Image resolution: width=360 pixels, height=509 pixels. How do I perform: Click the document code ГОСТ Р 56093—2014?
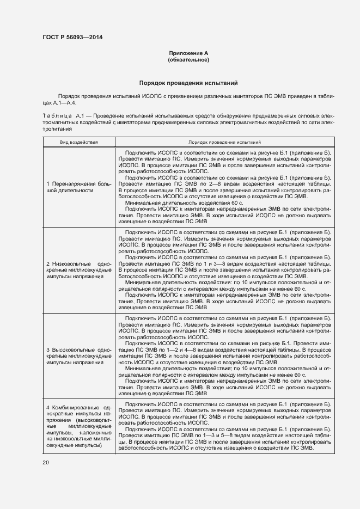click(x=72, y=37)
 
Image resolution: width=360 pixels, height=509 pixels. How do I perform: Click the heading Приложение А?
click(x=188, y=53)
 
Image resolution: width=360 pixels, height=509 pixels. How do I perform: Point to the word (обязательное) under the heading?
click(x=188, y=59)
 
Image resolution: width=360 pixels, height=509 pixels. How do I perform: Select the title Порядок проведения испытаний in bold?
click(x=188, y=84)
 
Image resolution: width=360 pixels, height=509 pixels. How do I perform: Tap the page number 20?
click(x=46, y=462)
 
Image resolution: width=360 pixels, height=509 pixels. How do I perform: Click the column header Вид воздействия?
click(x=79, y=142)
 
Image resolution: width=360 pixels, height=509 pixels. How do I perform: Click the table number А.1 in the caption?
click(x=81, y=116)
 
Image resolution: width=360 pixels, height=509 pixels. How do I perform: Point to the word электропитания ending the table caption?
click(x=57, y=130)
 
